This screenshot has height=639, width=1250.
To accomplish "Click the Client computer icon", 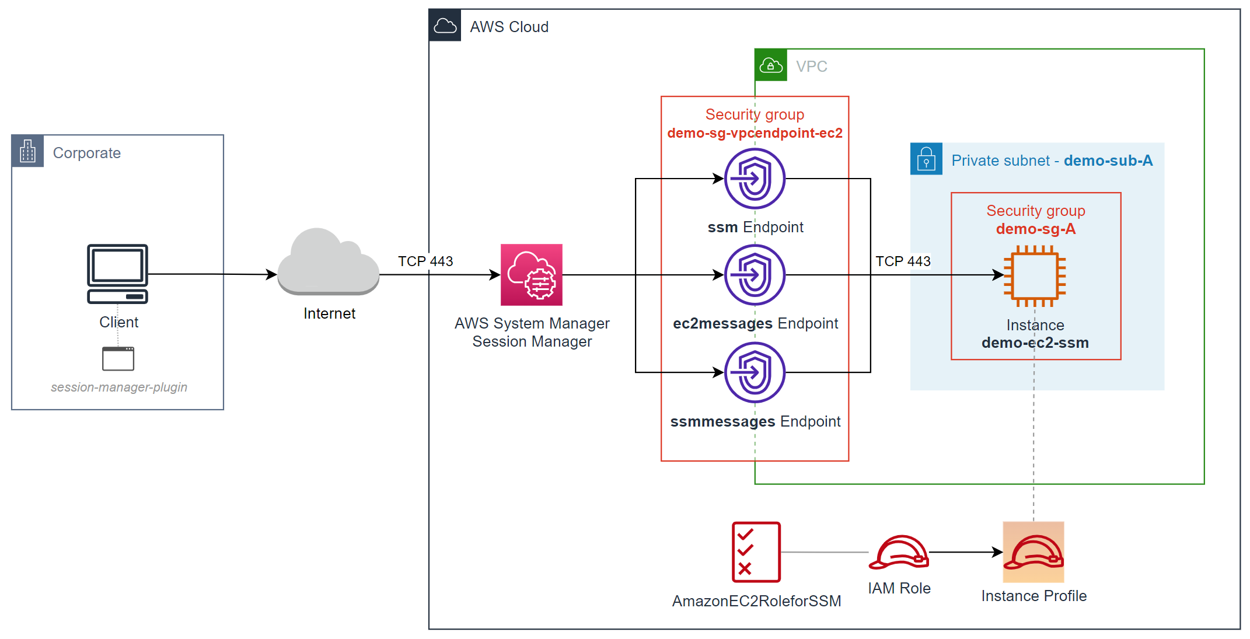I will point(117,273).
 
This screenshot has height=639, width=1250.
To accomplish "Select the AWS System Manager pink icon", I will point(531,275).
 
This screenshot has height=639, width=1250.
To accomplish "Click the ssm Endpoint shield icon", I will point(755,179).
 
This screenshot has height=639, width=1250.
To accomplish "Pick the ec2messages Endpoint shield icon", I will point(755,275).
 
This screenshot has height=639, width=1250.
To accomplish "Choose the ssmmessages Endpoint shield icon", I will point(755,372).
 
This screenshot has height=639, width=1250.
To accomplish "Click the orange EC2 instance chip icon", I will point(1035,275).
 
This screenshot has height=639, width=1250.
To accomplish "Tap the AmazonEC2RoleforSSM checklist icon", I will point(756,551).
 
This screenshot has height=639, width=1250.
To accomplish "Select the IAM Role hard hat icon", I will point(899,552).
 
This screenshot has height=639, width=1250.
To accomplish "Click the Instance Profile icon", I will point(1033,552).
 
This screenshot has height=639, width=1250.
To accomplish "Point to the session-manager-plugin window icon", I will point(118,358).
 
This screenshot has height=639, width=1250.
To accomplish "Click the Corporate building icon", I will point(27,151).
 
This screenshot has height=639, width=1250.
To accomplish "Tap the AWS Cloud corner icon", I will point(445,26).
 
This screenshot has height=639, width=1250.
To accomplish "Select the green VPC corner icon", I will point(771,65).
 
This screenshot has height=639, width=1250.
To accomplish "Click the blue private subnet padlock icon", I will point(926,159).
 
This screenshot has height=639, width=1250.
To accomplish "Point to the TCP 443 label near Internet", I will point(425,261).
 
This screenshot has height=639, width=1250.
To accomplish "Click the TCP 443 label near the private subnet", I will point(903,261).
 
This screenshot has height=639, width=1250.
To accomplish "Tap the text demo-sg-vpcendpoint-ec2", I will point(755,133).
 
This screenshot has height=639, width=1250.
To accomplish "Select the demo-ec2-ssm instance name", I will point(1035,343).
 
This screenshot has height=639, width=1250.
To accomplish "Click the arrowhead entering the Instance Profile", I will point(998,552).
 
